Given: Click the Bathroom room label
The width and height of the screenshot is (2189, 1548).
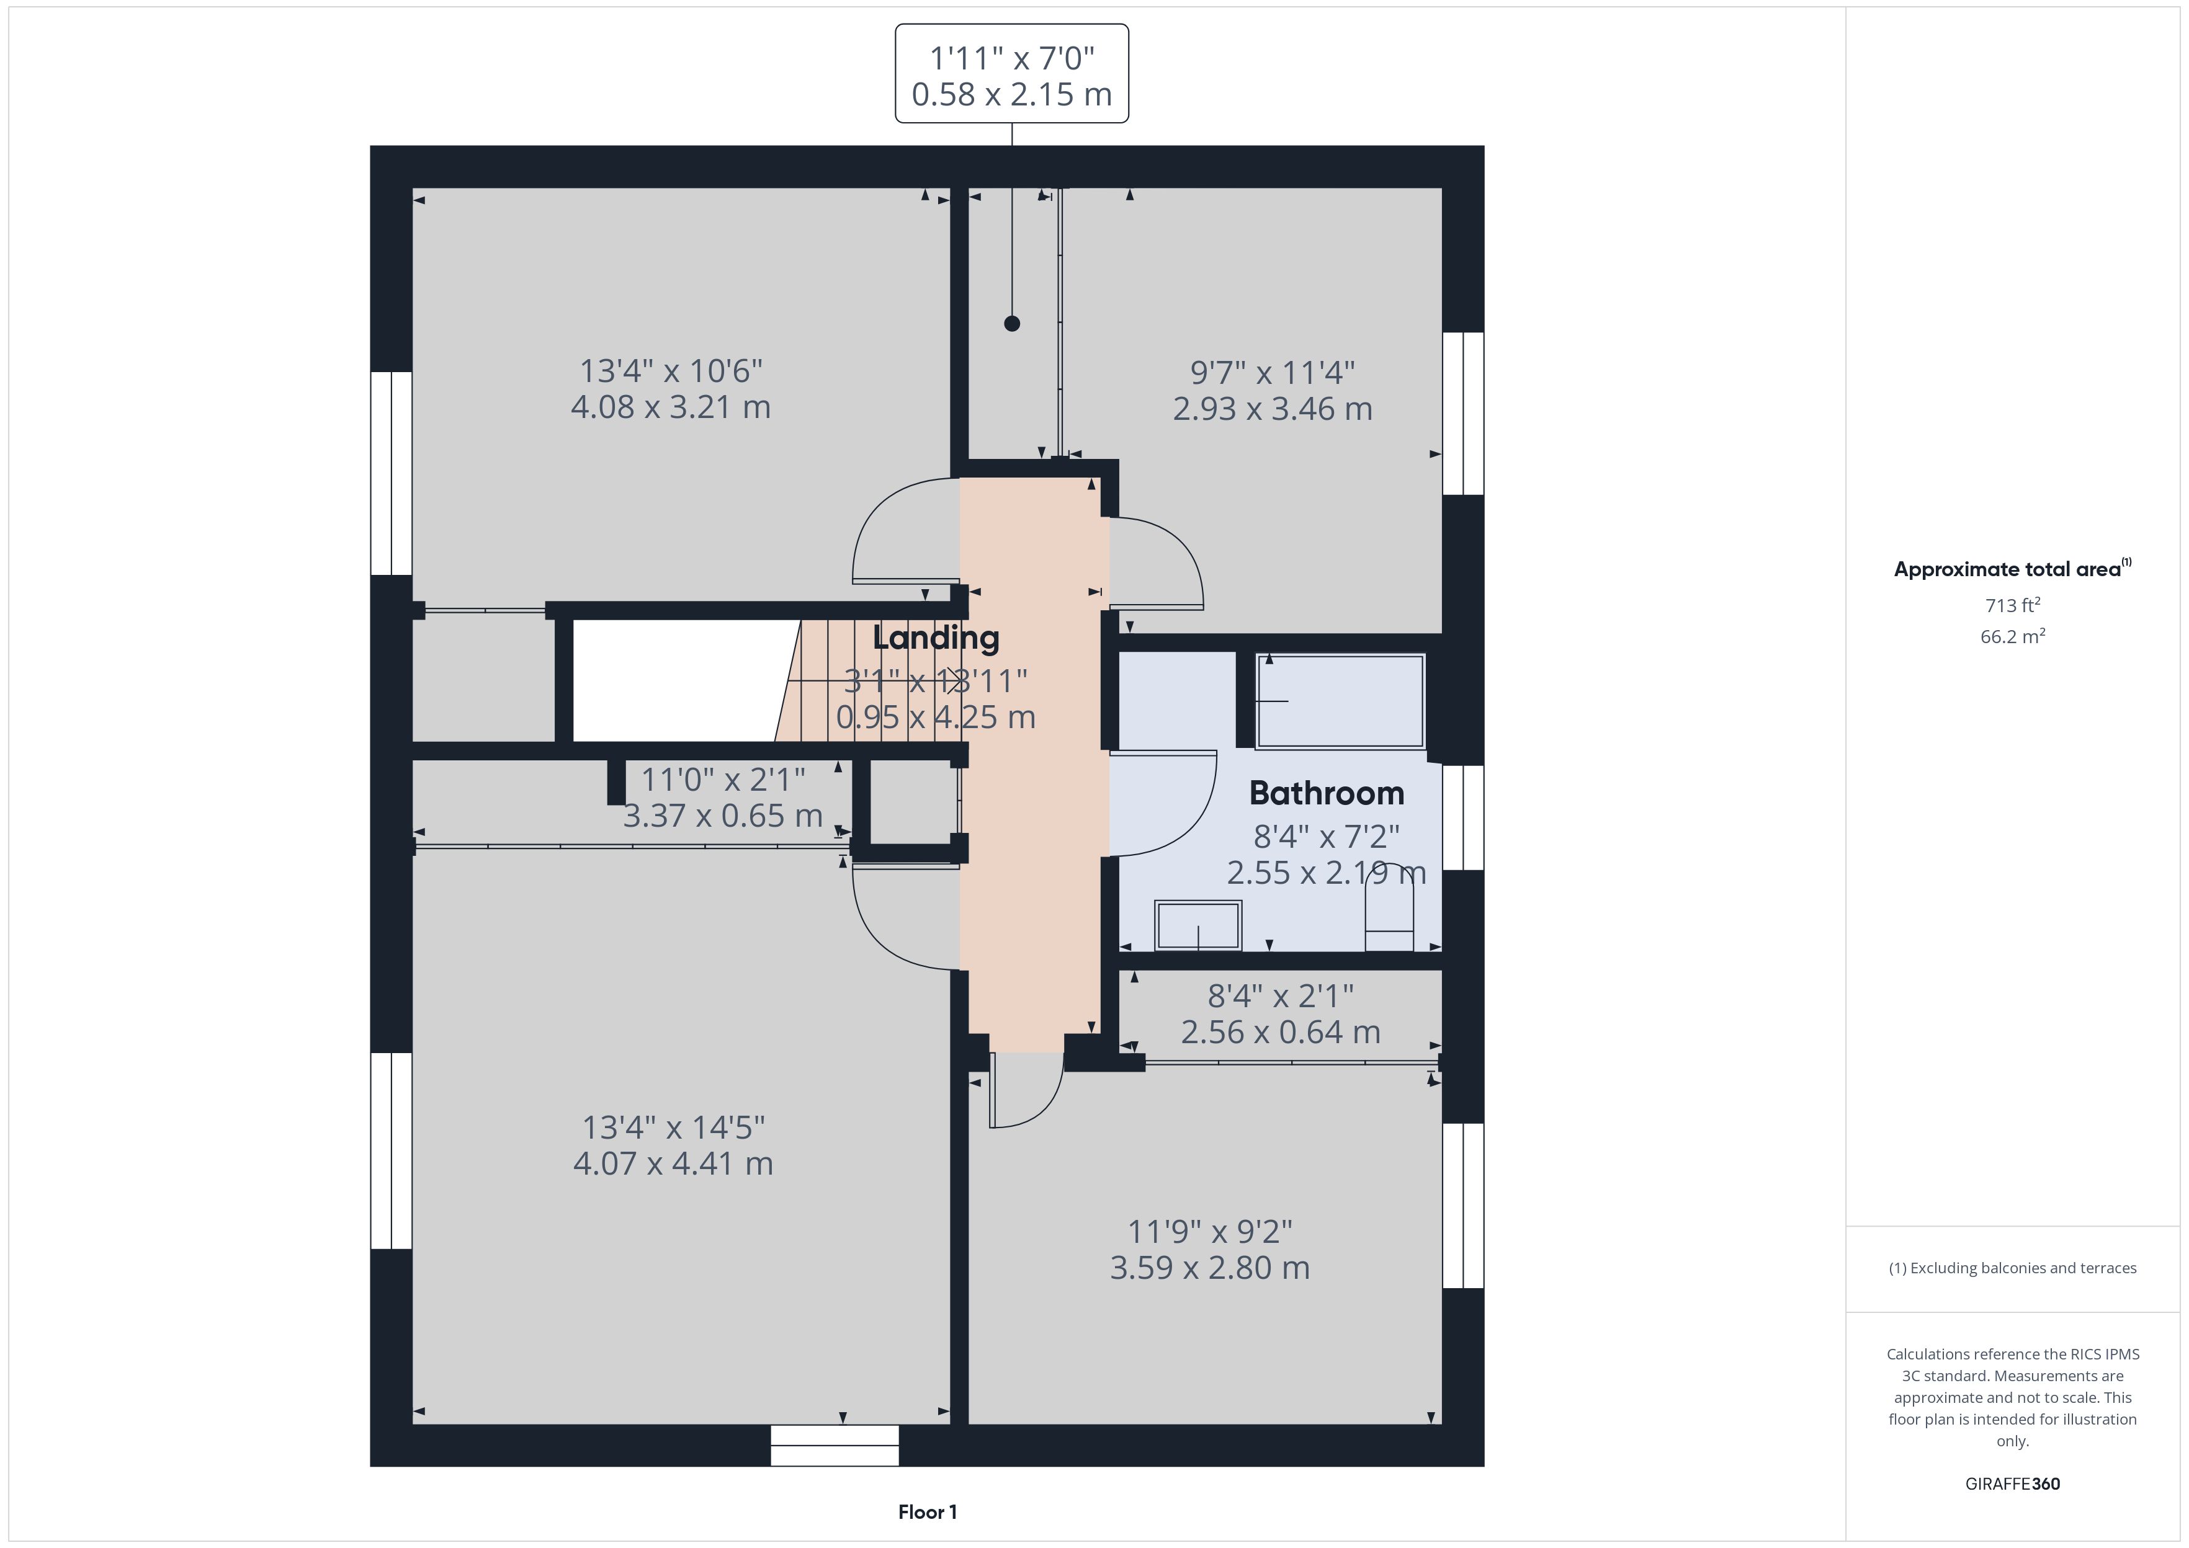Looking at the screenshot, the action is [x=1326, y=793].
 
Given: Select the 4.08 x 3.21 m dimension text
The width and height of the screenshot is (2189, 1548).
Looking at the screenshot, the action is [x=670, y=407].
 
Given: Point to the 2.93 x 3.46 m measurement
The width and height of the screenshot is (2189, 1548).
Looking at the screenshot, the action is [x=1272, y=409].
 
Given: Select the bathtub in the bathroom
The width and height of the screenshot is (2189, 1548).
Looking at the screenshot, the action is [x=1340, y=701].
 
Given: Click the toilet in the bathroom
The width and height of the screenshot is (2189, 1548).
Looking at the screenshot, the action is [x=1389, y=907].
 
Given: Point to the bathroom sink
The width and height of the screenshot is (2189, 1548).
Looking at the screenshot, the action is [x=1197, y=925].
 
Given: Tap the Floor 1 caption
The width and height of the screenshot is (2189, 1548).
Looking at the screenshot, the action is [x=927, y=1512].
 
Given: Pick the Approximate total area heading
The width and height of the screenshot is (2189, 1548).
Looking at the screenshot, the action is [x=2012, y=569].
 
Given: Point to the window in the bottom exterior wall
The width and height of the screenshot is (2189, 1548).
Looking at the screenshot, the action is [x=835, y=1445].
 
